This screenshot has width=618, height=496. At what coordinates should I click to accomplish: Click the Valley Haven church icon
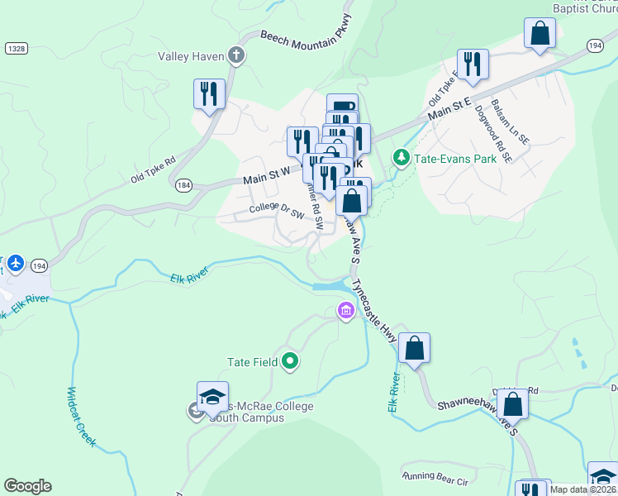pyautogui.click(x=236, y=56)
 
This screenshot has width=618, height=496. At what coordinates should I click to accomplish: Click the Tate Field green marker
pyautogui.click(x=290, y=360)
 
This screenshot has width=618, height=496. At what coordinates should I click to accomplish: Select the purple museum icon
pyautogui.click(x=345, y=312)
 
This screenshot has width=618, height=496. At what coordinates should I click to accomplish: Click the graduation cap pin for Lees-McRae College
pyautogui.click(x=212, y=396)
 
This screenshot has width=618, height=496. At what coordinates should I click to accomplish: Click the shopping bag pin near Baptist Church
pyautogui.click(x=540, y=33)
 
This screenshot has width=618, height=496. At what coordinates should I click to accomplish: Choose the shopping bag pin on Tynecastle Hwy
pyautogui.click(x=414, y=347)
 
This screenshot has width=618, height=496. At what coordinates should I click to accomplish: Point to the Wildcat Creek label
pyautogui.click(x=81, y=417)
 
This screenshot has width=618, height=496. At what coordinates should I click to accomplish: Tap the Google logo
pyautogui.click(x=27, y=486)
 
